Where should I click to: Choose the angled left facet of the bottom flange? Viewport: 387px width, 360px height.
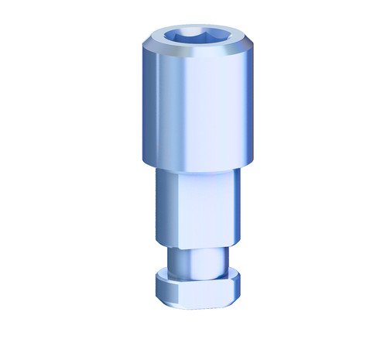tap(158, 287)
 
